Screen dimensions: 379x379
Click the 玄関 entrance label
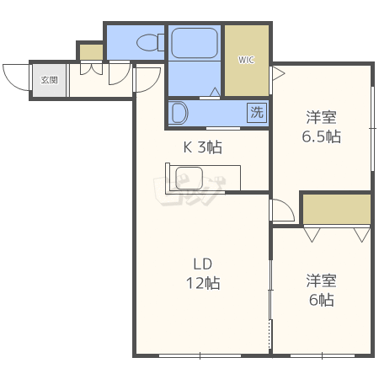pyautogui.click(x=50, y=80)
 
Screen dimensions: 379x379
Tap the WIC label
pyautogui.click(x=246, y=60)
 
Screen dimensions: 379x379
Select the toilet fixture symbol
pyautogui.click(x=150, y=42)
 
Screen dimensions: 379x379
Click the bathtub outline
pyautogui.click(x=195, y=43)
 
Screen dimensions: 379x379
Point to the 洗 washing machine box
pyautogui.click(x=257, y=113)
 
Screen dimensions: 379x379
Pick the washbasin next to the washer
pyautogui.click(x=179, y=113)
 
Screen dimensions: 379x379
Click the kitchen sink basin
pyautogui.click(x=189, y=178)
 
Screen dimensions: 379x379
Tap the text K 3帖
pyautogui.click(x=203, y=147)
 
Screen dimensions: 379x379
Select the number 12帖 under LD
pyautogui.click(x=203, y=283)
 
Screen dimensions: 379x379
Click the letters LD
pyautogui.click(x=203, y=264)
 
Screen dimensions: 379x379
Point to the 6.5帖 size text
pyautogui.click(x=322, y=136)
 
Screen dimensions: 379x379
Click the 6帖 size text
pyautogui.click(x=322, y=300)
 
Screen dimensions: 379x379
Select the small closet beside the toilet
pyautogui.click(x=92, y=52)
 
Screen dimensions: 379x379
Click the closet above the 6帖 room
pyautogui.click(x=337, y=209)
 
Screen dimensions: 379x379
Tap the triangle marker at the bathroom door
pyautogui.click(x=216, y=92)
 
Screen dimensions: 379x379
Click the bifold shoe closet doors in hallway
pyautogui.click(x=91, y=69)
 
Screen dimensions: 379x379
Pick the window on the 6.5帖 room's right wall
pyautogui.click(x=372, y=129)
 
